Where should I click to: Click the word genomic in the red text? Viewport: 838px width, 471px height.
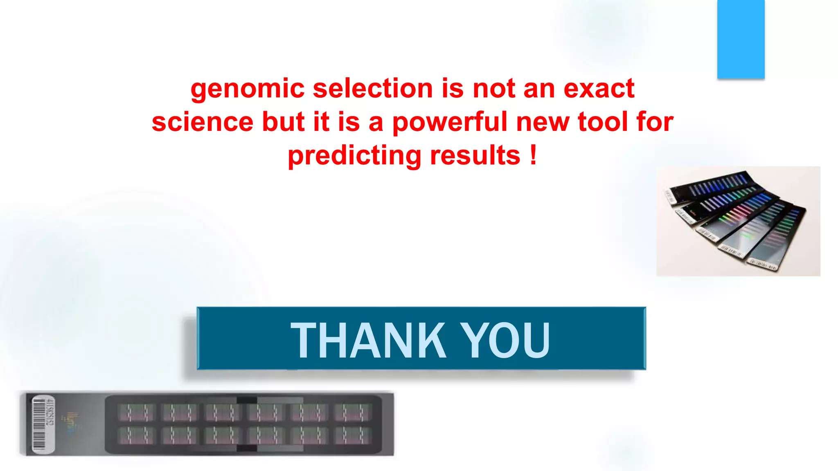[x=247, y=89]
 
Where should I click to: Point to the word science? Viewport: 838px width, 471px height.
[x=203, y=122]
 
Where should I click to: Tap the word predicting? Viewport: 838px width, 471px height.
[x=354, y=156]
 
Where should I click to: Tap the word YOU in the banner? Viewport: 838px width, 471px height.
[x=505, y=340]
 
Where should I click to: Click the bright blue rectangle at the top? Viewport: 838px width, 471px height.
[x=741, y=39]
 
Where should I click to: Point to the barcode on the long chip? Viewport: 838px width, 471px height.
[x=39, y=425]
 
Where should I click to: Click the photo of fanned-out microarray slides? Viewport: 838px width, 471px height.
[x=738, y=221]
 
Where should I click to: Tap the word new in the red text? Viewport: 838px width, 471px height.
[x=542, y=122]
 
